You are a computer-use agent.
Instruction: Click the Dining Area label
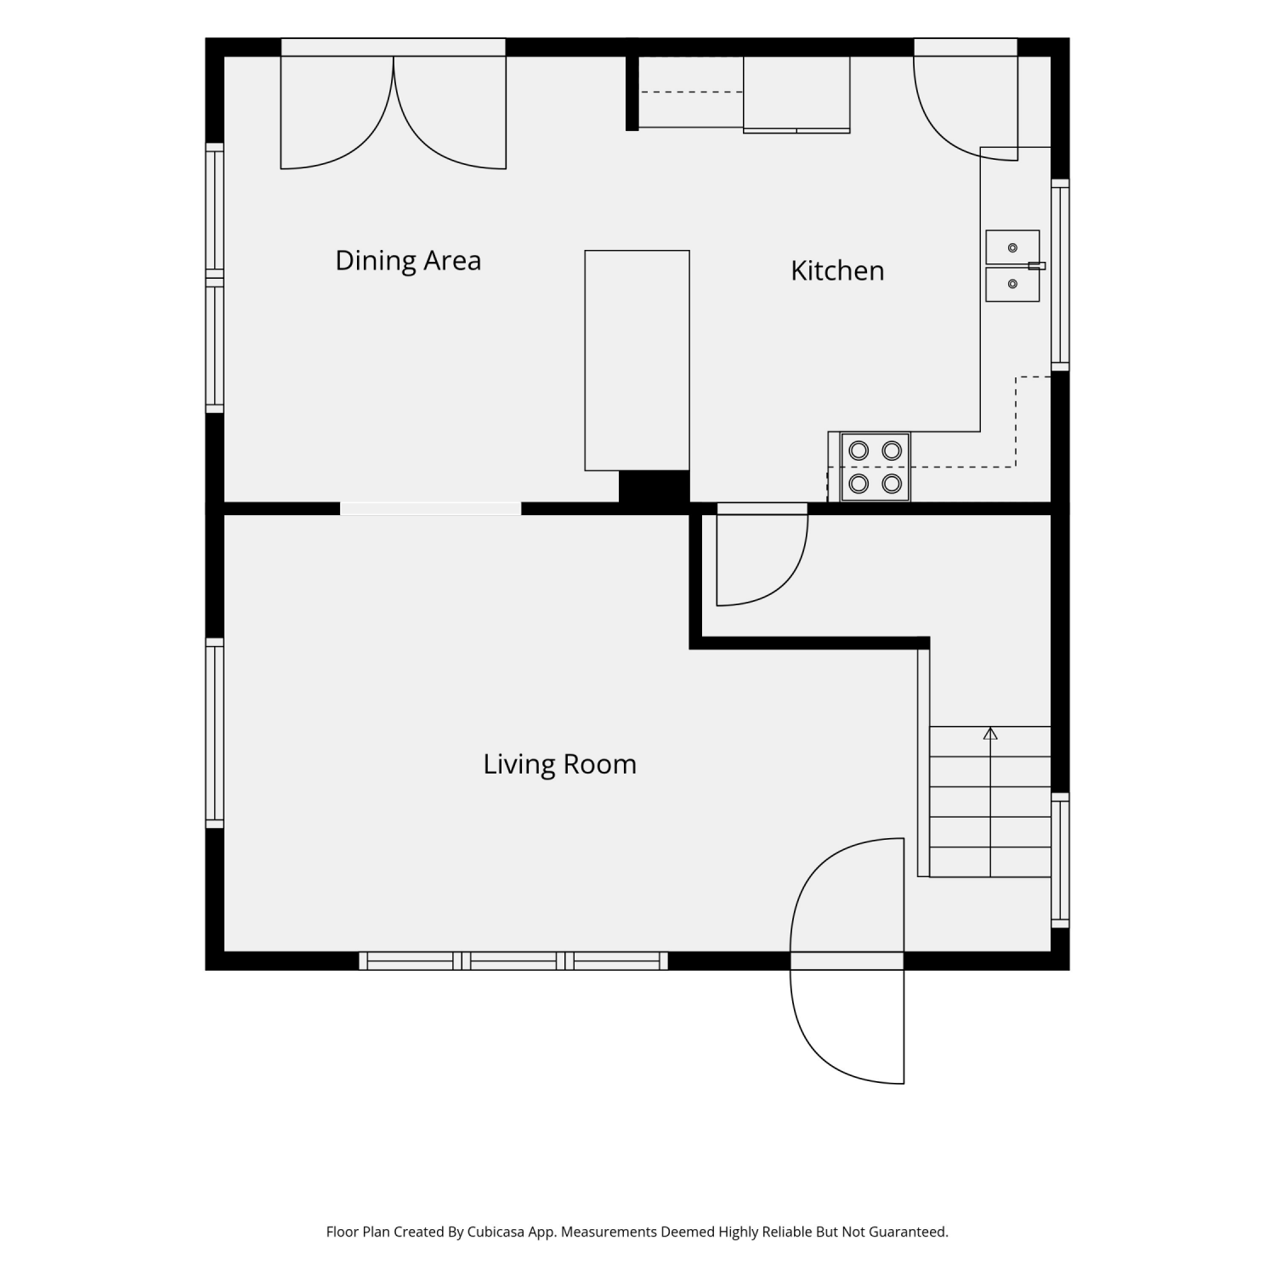pos(408,260)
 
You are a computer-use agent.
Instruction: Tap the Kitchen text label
pos(837,270)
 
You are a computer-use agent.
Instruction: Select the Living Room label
pos(559,764)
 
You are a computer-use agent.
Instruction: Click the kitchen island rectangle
pos(637,360)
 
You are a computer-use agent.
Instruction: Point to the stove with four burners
pos(875,467)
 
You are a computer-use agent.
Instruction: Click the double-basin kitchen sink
pos(1012,265)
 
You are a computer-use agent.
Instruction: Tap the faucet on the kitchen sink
pos(1036,266)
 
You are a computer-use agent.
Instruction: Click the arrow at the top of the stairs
pos(990,733)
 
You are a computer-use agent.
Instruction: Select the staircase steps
pos(990,802)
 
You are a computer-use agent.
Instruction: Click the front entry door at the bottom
pos(847,960)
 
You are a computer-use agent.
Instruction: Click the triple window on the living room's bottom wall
pos(513,961)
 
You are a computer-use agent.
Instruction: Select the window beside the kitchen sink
pos(1060,275)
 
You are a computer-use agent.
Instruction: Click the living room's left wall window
pos(214,733)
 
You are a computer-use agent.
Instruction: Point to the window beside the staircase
pos(1060,860)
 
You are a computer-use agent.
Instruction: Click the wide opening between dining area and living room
pos(430,509)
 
